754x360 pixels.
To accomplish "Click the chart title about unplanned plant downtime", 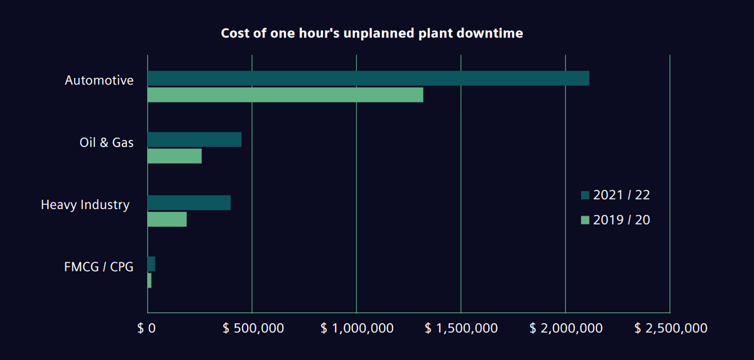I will click(371, 33).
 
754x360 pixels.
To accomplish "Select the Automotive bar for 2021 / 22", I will click(368, 79).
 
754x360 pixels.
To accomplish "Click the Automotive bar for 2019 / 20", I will click(285, 95).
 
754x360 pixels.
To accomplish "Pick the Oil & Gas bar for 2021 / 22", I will click(194, 139).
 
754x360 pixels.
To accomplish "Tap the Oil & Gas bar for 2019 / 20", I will click(175, 156).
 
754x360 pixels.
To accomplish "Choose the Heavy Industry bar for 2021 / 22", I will click(189, 203).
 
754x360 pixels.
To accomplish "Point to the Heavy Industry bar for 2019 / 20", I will click(167, 219).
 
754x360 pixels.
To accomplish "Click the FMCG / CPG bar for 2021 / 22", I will click(151, 264).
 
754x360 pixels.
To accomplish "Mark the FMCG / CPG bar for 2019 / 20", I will click(150, 281).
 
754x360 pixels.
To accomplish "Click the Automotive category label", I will click(99, 80).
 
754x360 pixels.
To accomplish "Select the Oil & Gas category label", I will click(106, 143).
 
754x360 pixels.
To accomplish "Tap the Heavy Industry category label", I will click(85, 205).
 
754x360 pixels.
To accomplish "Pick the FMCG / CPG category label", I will click(99, 267).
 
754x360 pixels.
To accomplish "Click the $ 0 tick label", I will click(146, 328).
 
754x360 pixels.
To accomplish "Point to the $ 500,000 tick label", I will click(254, 328).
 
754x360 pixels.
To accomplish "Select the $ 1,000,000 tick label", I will click(357, 328).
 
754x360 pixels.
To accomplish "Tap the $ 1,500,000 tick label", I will click(462, 328).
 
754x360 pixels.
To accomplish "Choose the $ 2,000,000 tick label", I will click(566, 328).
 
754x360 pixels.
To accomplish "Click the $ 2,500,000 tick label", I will click(671, 328).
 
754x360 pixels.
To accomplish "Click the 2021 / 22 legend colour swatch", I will click(585, 195).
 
